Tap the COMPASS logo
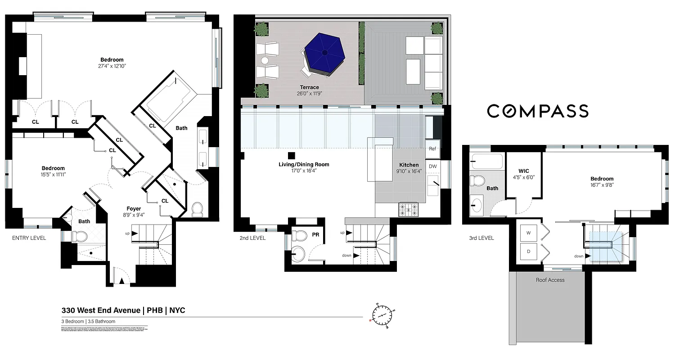point(538,111)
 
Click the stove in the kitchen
point(408,208)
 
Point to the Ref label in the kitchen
point(432,149)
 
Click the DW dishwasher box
point(432,166)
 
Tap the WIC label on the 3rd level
point(523,171)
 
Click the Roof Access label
point(550,280)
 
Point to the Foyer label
point(134,208)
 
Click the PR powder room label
point(315,234)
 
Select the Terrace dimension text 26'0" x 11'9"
point(310,94)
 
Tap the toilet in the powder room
point(299,235)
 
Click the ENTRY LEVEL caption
point(29,238)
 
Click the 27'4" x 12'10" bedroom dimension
point(112,66)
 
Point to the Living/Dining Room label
point(303,164)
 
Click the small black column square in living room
point(291,156)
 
